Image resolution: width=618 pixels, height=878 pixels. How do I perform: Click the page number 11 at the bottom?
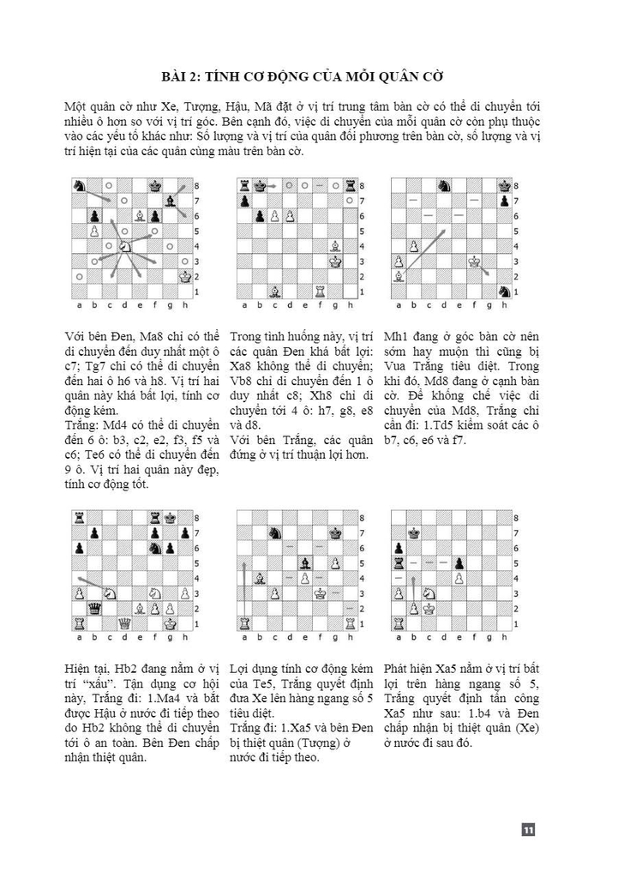(x=528, y=829)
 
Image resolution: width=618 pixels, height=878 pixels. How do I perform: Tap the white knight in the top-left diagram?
(x=124, y=245)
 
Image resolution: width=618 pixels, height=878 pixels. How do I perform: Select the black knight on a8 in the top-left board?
(x=79, y=184)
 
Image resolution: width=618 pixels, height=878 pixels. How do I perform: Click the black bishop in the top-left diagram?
(x=171, y=200)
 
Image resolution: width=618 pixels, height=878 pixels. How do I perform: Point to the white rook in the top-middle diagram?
(x=319, y=292)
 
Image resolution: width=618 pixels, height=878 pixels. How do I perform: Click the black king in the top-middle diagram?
(x=258, y=184)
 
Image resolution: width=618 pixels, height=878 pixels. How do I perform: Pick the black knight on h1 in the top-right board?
(x=505, y=292)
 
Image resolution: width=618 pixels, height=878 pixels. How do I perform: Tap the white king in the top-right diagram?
(x=474, y=261)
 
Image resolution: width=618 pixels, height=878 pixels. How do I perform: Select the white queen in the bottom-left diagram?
(x=125, y=623)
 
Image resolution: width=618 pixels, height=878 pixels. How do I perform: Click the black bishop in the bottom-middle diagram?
(x=303, y=562)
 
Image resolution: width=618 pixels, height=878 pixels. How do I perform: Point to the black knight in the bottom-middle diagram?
(x=273, y=532)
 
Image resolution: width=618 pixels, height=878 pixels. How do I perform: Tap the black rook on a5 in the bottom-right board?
(x=397, y=562)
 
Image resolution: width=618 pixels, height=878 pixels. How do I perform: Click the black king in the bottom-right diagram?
(x=412, y=532)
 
